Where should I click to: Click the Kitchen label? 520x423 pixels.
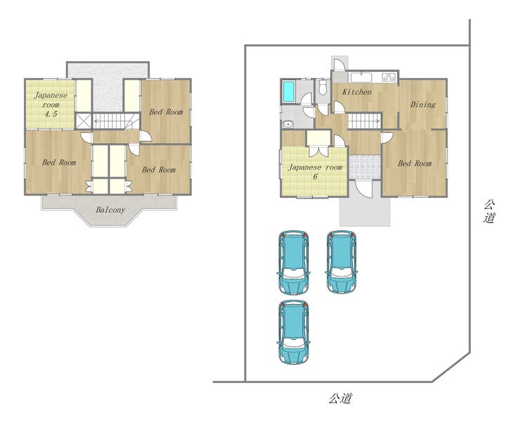[x=357, y=91]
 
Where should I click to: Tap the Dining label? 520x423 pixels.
[x=423, y=105]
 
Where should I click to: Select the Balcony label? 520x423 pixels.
[x=110, y=210]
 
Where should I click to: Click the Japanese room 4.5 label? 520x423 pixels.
[x=51, y=104]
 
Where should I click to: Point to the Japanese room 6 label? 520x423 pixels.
[x=315, y=172]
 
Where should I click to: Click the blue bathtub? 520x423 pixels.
[x=290, y=92]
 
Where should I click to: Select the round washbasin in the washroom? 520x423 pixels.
[x=288, y=125]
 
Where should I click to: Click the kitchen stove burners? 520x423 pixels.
[x=389, y=77]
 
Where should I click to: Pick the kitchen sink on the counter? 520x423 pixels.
[x=361, y=77]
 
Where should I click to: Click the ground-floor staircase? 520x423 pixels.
[x=364, y=121]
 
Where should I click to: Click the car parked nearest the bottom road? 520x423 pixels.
[x=294, y=332]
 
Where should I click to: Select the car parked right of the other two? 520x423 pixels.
[x=342, y=262]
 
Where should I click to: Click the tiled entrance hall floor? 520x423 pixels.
[x=365, y=167]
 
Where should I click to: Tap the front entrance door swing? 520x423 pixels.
[x=364, y=189]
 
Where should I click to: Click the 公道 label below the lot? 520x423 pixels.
[x=340, y=398]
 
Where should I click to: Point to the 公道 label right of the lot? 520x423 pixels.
[x=489, y=211]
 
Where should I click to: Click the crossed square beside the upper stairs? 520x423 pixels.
[x=83, y=121]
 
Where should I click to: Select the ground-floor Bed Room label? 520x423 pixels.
[x=415, y=163]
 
